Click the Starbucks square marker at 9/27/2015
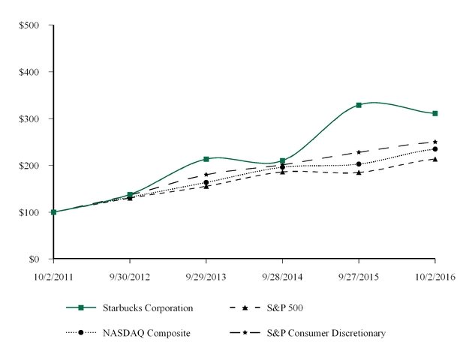[359, 105]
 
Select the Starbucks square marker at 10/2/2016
[435, 113]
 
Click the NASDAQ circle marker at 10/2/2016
[435, 149]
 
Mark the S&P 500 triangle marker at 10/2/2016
[435, 159]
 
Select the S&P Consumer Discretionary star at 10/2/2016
[435, 142]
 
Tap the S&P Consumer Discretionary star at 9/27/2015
[359, 152]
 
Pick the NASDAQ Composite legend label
[148, 332]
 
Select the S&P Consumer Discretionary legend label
[335, 332]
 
